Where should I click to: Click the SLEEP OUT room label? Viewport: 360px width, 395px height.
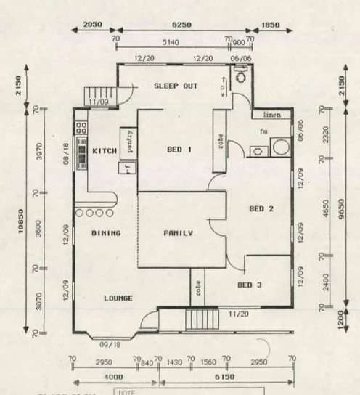coord(176,86)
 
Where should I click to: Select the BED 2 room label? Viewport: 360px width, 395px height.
coord(261,208)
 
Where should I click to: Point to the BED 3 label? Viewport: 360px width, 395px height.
coord(250,285)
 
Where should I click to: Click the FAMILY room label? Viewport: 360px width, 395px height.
coord(177,233)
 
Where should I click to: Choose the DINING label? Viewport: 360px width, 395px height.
coord(105,233)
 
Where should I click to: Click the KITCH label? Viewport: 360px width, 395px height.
coord(105,150)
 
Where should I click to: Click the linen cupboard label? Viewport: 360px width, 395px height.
coord(271,114)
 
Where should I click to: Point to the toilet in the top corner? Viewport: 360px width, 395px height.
coord(240,73)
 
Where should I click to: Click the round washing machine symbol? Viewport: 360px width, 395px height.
coord(280,148)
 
